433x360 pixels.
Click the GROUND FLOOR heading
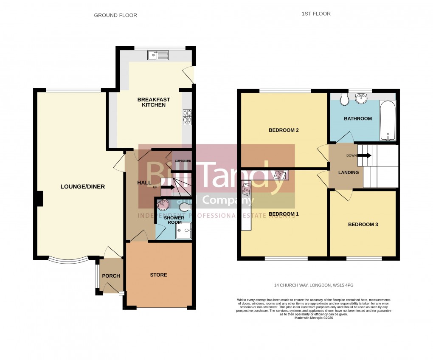pyautogui.click(x=115, y=15)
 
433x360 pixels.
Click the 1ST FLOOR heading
pyautogui.click(x=316, y=14)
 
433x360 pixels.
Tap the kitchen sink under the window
pyautogui.click(x=158, y=55)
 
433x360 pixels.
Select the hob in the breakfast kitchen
pyautogui.click(x=187, y=118)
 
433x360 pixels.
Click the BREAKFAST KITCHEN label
pyautogui.click(x=154, y=102)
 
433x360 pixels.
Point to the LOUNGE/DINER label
pyautogui.click(x=82, y=187)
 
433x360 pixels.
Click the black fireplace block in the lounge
pyautogui.click(x=39, y=199)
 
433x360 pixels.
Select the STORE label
pyautogui.click(x=158, y=275)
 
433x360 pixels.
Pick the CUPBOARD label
pyautogui.click(x=183, y=161)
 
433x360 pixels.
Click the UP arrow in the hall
pyautogui.click(x=167, y=186)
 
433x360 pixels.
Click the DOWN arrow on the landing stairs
pyautogui.click(x=364, y=155)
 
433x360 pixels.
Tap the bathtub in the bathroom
pyautogui.click(x=388, y=120)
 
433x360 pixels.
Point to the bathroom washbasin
pyautogui.click(x=361, y=98)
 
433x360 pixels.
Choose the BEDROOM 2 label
pyautogui.click(x=284, y=130)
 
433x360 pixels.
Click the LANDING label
pyautogui.click(x=348, y=172)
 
